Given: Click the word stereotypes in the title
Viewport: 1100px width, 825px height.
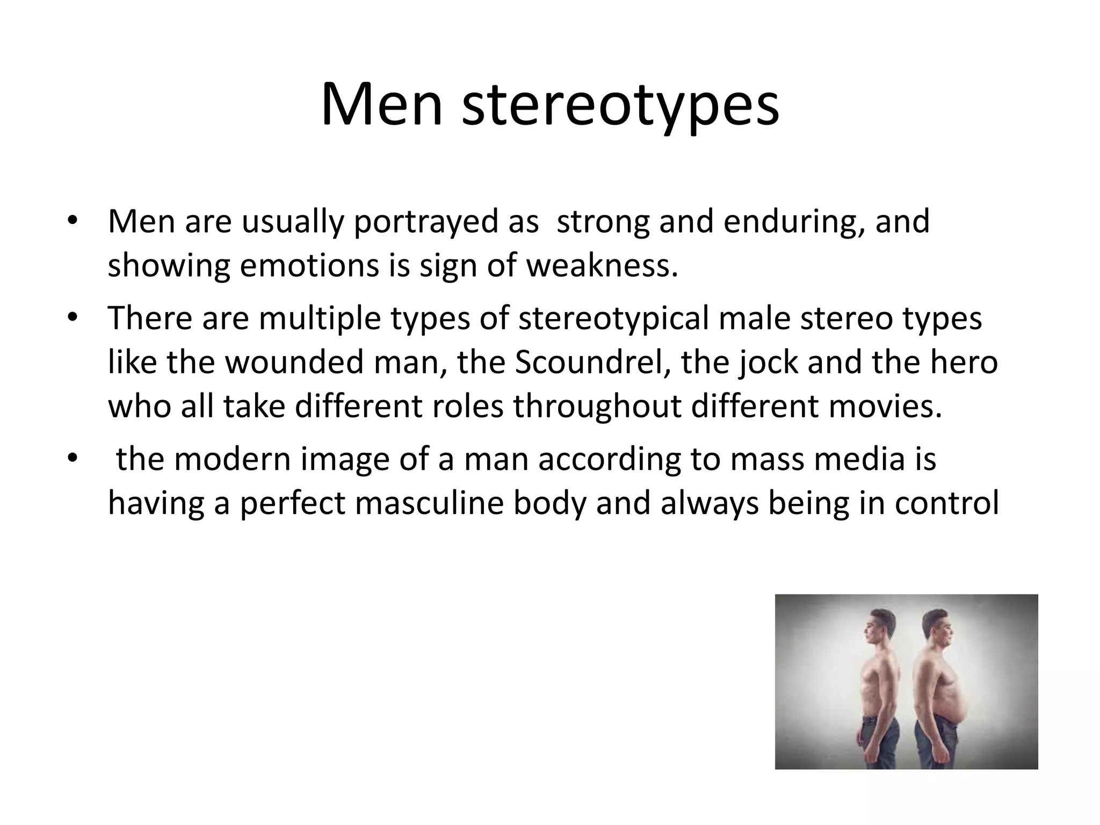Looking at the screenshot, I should click(x=620, y=105).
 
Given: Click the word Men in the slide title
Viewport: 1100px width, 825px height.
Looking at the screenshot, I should click(x=382, y=105).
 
